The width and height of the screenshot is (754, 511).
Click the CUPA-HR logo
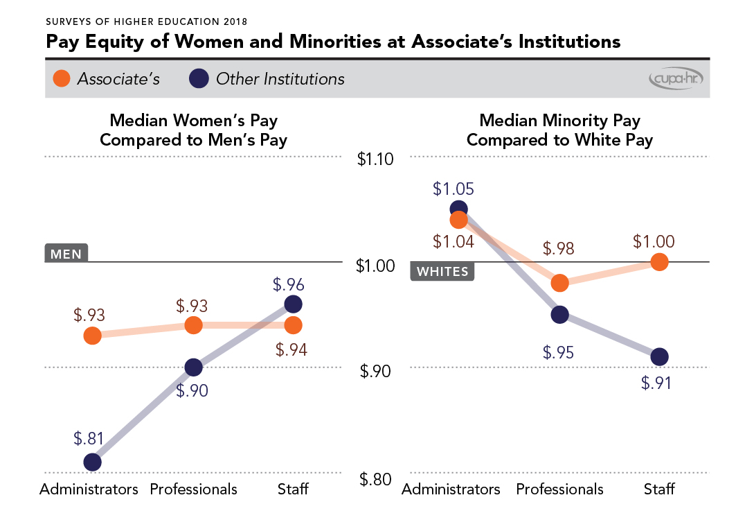pyautogui.click(x=676, y=79)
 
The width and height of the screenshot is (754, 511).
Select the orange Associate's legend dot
pyautogui.click(x=62, y=78)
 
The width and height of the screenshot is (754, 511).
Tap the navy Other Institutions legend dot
pyautogui.click(x=199, y=78)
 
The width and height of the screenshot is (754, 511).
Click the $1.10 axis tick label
pyautogui.click(x=375, y=159)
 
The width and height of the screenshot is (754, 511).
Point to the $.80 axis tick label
pyautogui.click(x=375, y=478)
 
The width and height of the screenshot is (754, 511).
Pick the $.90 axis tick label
pyautogui.click(x=375, y=372)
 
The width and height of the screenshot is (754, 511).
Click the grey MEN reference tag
pyautogui.click(x=66, y=253)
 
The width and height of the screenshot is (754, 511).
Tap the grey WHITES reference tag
pyautogui.click(x=442, y=271)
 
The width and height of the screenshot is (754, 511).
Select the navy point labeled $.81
pyautogui.click(x=92, y=462)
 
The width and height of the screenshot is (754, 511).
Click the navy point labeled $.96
pyautogui.click(x=293, y=304)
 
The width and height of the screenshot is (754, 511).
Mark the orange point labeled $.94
pyautogui.click(x=293, y=325)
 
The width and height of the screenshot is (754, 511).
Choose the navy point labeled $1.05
pyautogui.click(x=458, y=209)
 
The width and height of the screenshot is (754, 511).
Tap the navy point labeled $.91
pyautogui.click(x=659, y=356)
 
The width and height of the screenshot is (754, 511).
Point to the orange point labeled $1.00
pyautogui.click(x=659, y=262)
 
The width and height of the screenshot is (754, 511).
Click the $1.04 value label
pyautogui.click(x=454, y=242)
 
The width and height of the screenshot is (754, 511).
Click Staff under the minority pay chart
pyautogui.click(x=658, y=489)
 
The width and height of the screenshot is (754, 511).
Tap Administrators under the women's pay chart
pyautogui.click(x=89, y=489)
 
